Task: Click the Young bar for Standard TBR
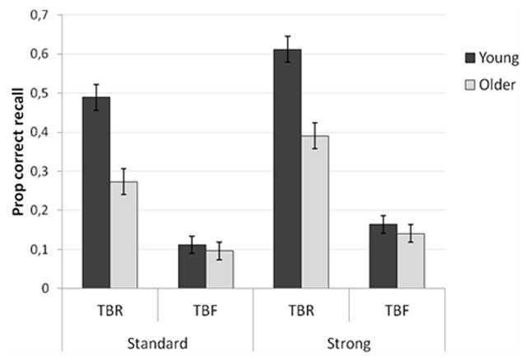(x=96, y=193)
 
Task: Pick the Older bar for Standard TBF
(x=220, y=269)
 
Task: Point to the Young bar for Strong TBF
(x=383, y=256)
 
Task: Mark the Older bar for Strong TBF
(x=411, y=260)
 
